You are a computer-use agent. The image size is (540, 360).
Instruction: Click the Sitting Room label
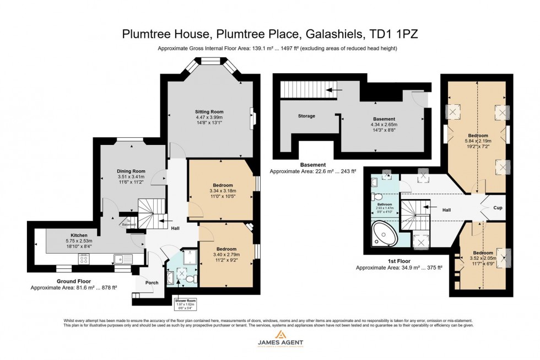coord(209,111)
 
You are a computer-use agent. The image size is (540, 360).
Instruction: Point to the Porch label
coord(152,283)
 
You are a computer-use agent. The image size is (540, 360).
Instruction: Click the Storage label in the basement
coord(306,116)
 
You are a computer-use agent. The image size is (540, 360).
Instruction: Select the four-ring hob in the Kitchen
coord(85,259)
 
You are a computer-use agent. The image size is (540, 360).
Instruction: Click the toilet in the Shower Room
coord(190,280)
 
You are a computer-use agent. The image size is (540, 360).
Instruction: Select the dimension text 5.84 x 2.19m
coord(478,141)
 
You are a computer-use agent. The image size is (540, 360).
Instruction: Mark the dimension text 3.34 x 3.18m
coord(222,191)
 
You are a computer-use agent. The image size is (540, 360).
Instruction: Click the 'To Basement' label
coord(128,222)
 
